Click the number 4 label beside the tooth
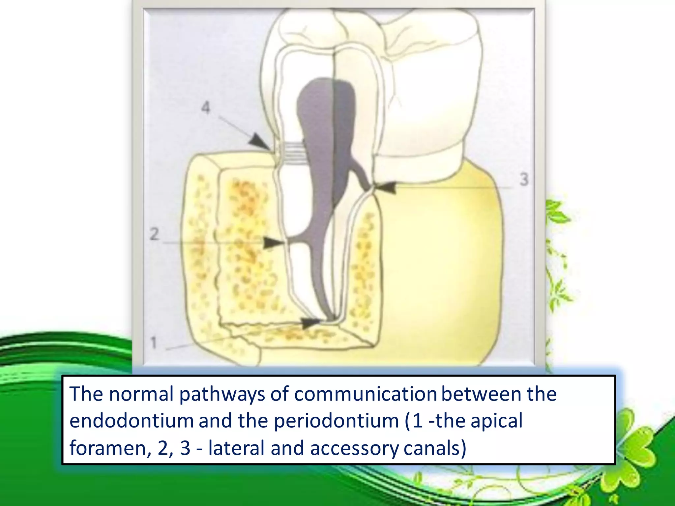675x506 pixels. pyautogui.click(x=206, y=108)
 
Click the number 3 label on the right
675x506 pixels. pyautogui.click(x=524, y=180)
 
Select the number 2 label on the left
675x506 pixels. pyautogui.click(x=154, y=235)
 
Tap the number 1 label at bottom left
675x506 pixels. pyautogui.click(x=154, y=343)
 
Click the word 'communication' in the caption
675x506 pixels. pyautogui.click(x=365, y=394)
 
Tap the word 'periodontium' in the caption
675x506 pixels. pyautogui.click(x=336, y=421)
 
